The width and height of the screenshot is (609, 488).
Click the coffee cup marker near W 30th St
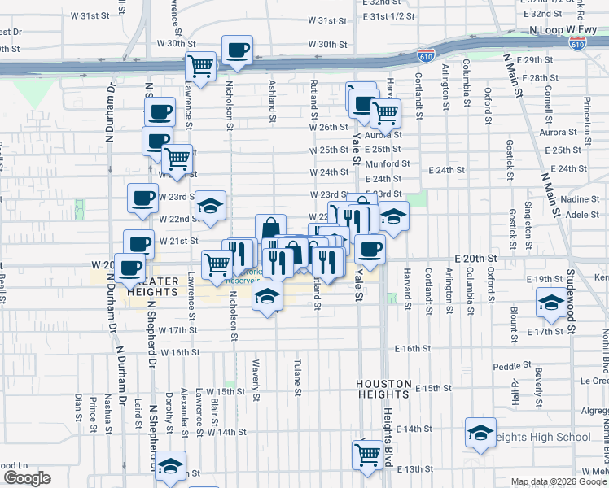click(x=237, y=50)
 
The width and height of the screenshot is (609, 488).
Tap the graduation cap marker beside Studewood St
click(x=551, y=304)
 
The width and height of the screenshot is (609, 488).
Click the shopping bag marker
click(x=270, y=229)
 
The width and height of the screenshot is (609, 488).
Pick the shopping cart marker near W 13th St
click(x=367, y=453)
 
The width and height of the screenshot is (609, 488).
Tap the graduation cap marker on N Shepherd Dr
click(x=170, y=466)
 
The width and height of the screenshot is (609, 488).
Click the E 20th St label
click(x=476, y=256)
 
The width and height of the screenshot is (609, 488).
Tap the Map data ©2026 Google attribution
click(x=557, y=481)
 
